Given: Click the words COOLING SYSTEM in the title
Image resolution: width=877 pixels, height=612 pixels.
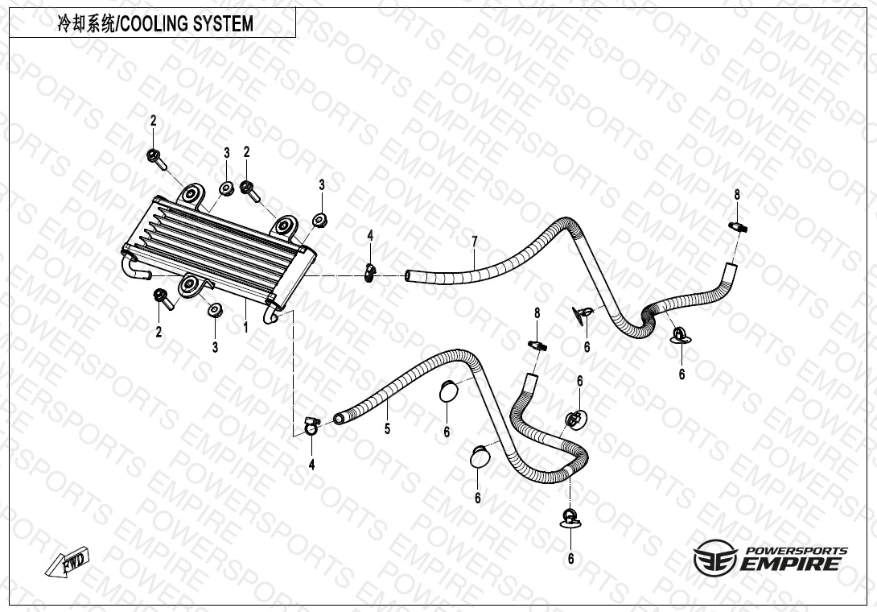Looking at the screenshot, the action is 187,23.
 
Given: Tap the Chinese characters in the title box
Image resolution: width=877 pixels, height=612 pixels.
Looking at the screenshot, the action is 87,23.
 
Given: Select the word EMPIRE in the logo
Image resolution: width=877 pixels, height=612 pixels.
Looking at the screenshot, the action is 790,564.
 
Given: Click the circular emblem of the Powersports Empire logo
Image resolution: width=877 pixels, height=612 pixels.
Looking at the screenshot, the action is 714,557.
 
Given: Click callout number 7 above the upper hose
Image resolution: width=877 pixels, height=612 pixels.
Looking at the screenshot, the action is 474,242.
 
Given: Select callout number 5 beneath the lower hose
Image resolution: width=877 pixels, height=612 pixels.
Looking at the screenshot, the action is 387,429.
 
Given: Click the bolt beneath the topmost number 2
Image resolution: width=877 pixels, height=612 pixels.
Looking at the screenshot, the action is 156,159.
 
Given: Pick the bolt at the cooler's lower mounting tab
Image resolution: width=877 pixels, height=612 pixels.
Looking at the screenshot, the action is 163,298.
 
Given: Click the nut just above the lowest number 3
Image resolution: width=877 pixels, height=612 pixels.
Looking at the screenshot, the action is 214,310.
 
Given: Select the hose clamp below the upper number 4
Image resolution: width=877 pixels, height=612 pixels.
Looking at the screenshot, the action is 370,273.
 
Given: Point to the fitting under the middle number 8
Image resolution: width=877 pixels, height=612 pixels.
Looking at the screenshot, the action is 537,345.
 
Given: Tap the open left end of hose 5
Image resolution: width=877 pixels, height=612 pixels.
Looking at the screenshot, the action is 338,419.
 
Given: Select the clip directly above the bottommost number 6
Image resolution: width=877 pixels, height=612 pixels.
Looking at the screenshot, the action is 570,517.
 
